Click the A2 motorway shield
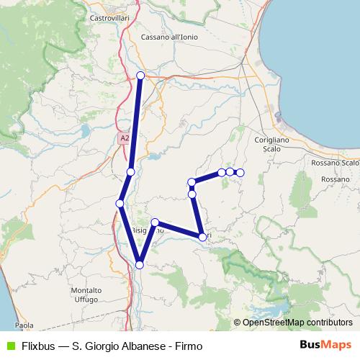coord(125,138)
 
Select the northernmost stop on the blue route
coord(140,76)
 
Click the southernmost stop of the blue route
coord(140,265)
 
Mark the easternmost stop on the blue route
coord(240,173)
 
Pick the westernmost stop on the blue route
coord(120,204)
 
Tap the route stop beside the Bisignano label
coord(155,222)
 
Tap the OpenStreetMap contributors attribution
coord(297,323)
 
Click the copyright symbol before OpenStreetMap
coord(238,323)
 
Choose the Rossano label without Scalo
coord(336,179)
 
